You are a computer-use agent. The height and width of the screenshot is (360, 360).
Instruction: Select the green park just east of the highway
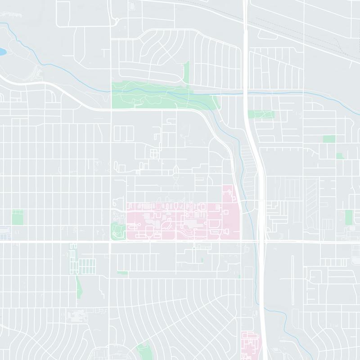pyautogui.click(x=261, y=114)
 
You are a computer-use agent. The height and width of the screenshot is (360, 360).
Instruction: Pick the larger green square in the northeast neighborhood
pyautogui.click(x=329, y=139)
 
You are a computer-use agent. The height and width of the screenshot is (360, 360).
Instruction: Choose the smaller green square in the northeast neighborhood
pyautogui.click(x=339, y=156)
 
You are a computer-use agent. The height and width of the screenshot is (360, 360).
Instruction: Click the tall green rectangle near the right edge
pyautogui.click(x=349, y=217)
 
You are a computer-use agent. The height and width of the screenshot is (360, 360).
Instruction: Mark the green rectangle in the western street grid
pyautogui.click(x=18, y=217)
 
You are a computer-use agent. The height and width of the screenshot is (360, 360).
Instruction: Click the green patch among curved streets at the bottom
pyautogui.click(x=144, y=351)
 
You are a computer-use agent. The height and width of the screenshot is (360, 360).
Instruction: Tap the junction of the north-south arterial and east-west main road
pyautogui.click(x=111, y=242)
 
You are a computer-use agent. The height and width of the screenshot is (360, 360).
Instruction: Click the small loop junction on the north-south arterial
pyautogui.click(x=114, y=21)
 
